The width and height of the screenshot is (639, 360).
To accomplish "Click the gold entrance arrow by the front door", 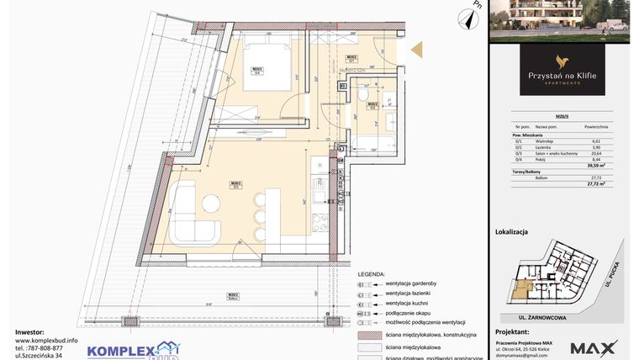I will [416, 52].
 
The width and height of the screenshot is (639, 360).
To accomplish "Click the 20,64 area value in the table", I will [596, 154].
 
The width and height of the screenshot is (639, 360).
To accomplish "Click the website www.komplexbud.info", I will [47, 341].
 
